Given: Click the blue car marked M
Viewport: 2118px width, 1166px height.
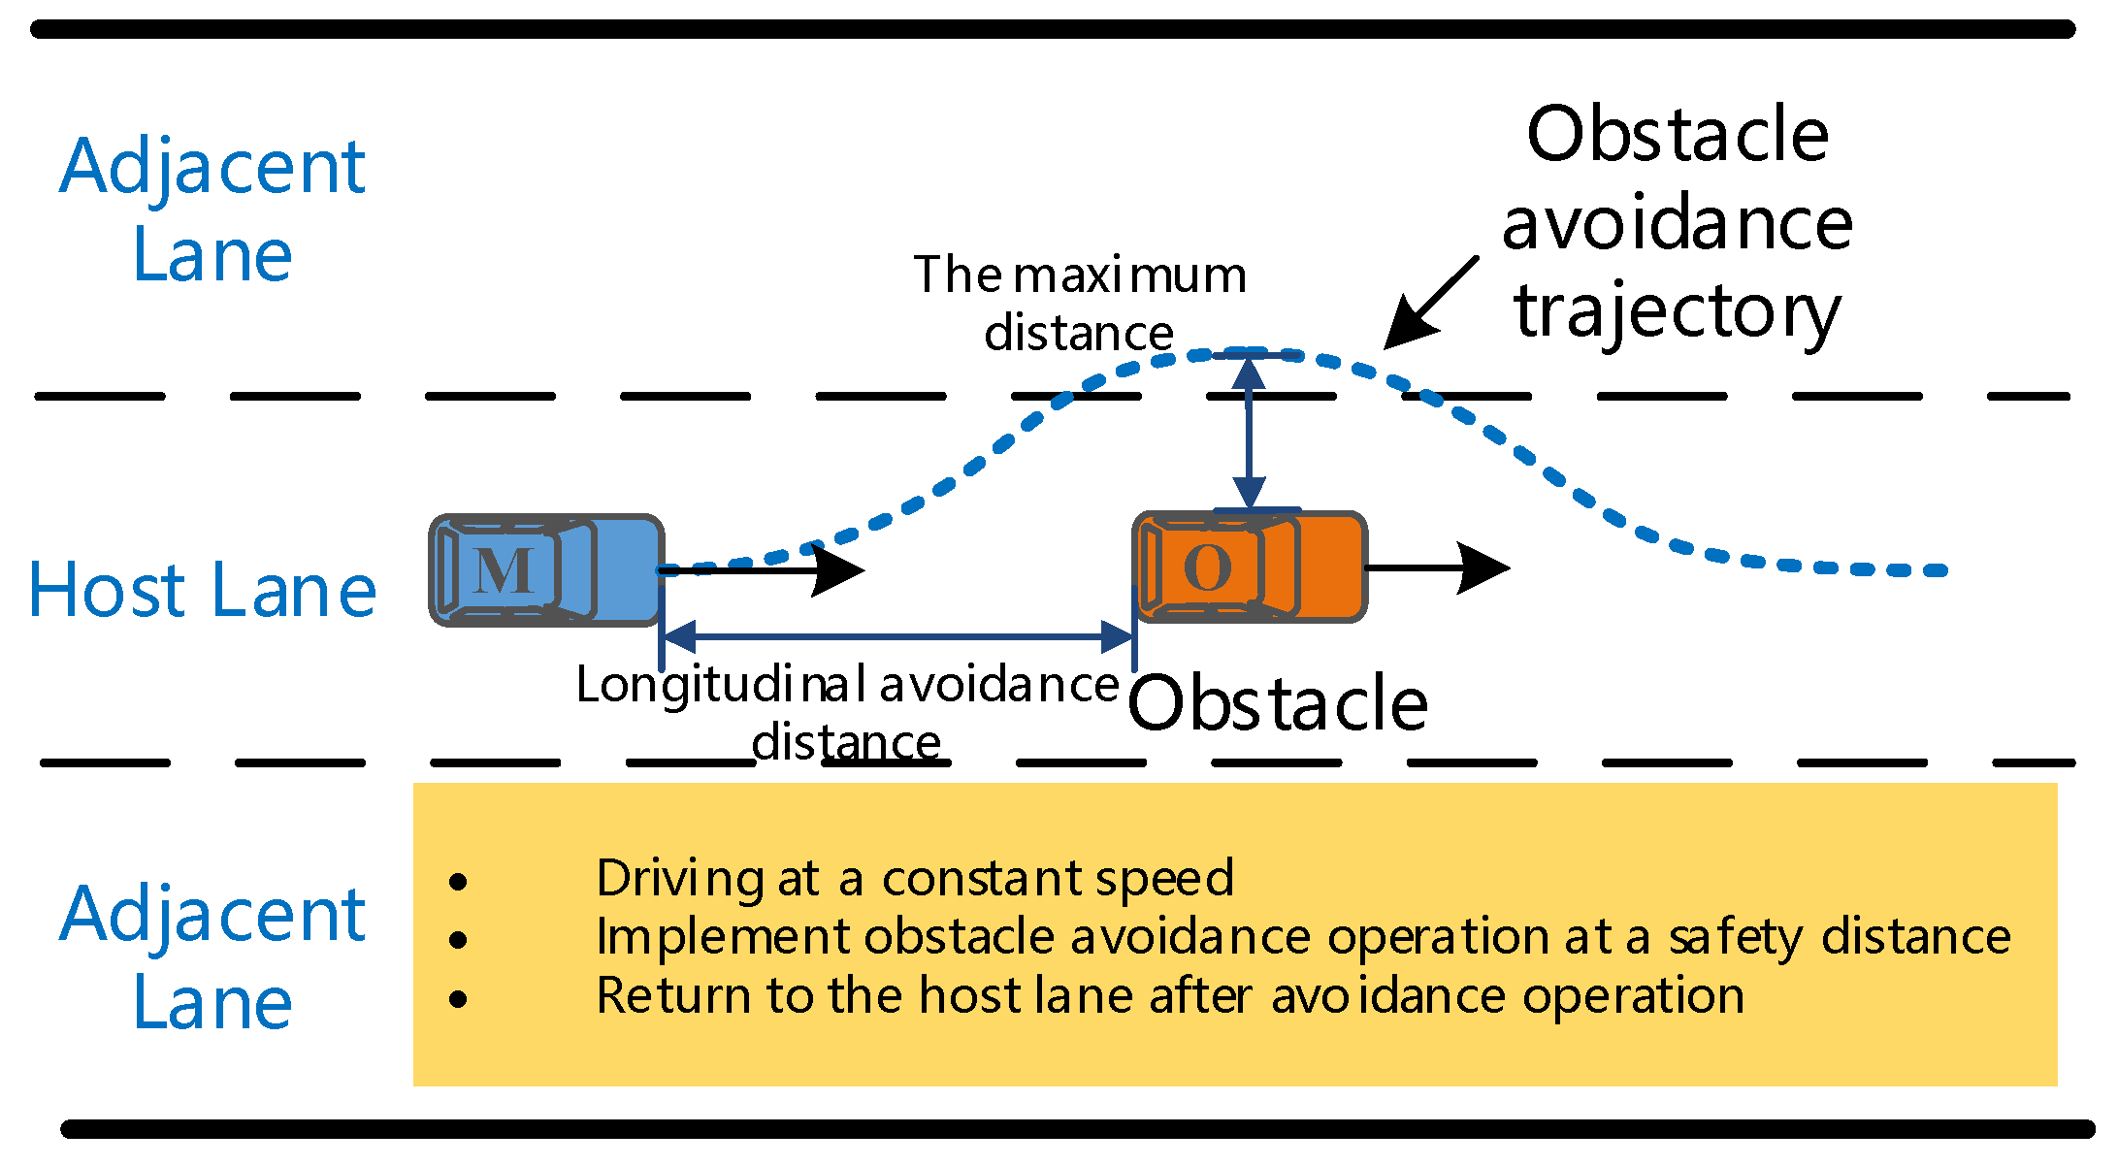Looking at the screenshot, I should [546, 570].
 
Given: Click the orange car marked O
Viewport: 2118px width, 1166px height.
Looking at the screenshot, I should [1250, 567].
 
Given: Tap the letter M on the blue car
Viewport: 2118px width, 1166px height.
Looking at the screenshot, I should [504, 570].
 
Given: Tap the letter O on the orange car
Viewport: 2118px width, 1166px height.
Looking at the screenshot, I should [1208, 567].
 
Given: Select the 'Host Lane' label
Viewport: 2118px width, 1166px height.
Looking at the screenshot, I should [202, 590].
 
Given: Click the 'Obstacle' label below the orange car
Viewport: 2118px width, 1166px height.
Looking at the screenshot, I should [1278, 703].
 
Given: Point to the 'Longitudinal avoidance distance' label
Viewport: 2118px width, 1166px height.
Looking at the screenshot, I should [847, 713].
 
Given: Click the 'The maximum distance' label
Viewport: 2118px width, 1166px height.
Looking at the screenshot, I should [1080, 304].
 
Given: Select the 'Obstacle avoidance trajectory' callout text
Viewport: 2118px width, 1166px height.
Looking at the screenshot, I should [1677, 222].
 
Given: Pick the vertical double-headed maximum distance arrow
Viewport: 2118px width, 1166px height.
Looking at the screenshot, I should [1249, 432].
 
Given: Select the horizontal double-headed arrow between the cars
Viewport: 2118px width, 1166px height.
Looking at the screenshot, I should [897, 637].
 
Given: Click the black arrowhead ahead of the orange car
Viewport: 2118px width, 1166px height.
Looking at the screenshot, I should [1483, 567].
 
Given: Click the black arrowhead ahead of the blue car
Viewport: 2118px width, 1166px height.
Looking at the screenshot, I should [836, 570].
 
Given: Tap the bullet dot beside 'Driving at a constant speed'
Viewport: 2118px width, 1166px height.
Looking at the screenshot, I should [458, 881].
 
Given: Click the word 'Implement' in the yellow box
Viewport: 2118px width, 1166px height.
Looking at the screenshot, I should [723, 937].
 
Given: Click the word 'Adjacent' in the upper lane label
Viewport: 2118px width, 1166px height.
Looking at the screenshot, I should [212, 167].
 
